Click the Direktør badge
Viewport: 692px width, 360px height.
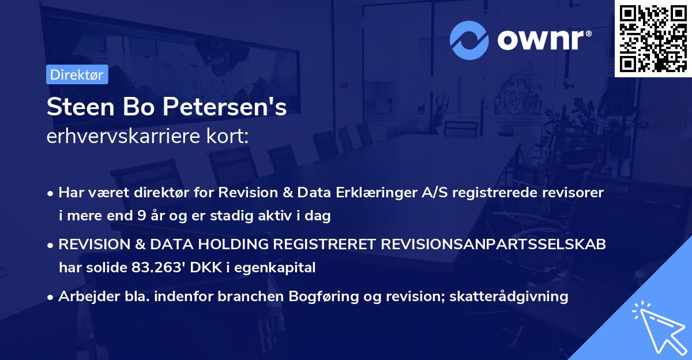click(77, 75)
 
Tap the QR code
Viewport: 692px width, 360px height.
click(653, 38)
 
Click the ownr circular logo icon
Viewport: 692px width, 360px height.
click(469, 40)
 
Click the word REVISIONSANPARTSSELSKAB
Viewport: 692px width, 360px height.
click(493, 245)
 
